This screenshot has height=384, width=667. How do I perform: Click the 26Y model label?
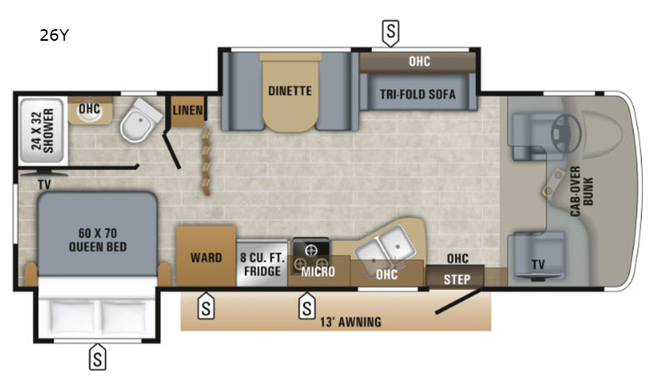pos(53,36)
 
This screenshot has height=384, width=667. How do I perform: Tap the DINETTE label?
pos(289,90)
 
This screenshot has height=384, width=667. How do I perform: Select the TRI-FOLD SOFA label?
pos(418,94)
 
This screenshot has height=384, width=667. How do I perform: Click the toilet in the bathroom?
pos(136,124)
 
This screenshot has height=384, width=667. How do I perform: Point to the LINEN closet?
pos(186,110)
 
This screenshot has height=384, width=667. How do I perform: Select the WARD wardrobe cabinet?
pos(205,257)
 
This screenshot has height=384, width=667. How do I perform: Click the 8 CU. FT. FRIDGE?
pos(262,264)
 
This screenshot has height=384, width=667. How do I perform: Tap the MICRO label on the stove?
pos(318,272)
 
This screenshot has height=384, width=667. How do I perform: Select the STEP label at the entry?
pos(455,277)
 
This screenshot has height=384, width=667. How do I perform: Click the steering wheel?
pos(562,125)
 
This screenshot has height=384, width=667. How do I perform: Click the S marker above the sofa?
pos(390,32)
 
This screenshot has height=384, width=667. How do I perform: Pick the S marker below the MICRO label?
pos(308,307)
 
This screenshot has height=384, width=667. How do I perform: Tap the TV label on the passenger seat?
pos(539,265)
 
